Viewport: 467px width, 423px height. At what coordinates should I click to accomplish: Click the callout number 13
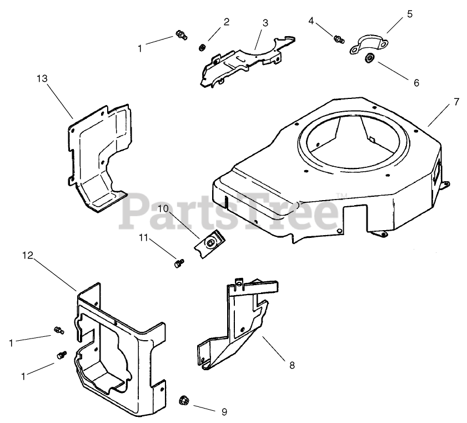coord(42,79)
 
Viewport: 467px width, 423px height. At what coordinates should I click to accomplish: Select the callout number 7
coord(456,102)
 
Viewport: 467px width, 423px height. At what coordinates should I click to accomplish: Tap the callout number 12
coord(28,255)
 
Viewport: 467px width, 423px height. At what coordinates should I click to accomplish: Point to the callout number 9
coord(224,412)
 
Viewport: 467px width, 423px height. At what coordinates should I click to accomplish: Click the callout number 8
coord(292,365)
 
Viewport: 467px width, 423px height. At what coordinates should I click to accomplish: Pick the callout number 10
coord(162,208)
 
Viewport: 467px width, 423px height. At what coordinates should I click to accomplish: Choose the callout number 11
coord(144,238)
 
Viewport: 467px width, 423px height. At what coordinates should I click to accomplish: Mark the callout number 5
coord(410,14)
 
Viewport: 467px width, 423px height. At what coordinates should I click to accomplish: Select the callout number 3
coord(265,23)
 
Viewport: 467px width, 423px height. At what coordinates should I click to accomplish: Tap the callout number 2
coord(226,22)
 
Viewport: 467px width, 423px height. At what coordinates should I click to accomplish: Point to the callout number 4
coord(312,21)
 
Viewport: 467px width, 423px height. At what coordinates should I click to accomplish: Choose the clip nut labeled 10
coord(209,242)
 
